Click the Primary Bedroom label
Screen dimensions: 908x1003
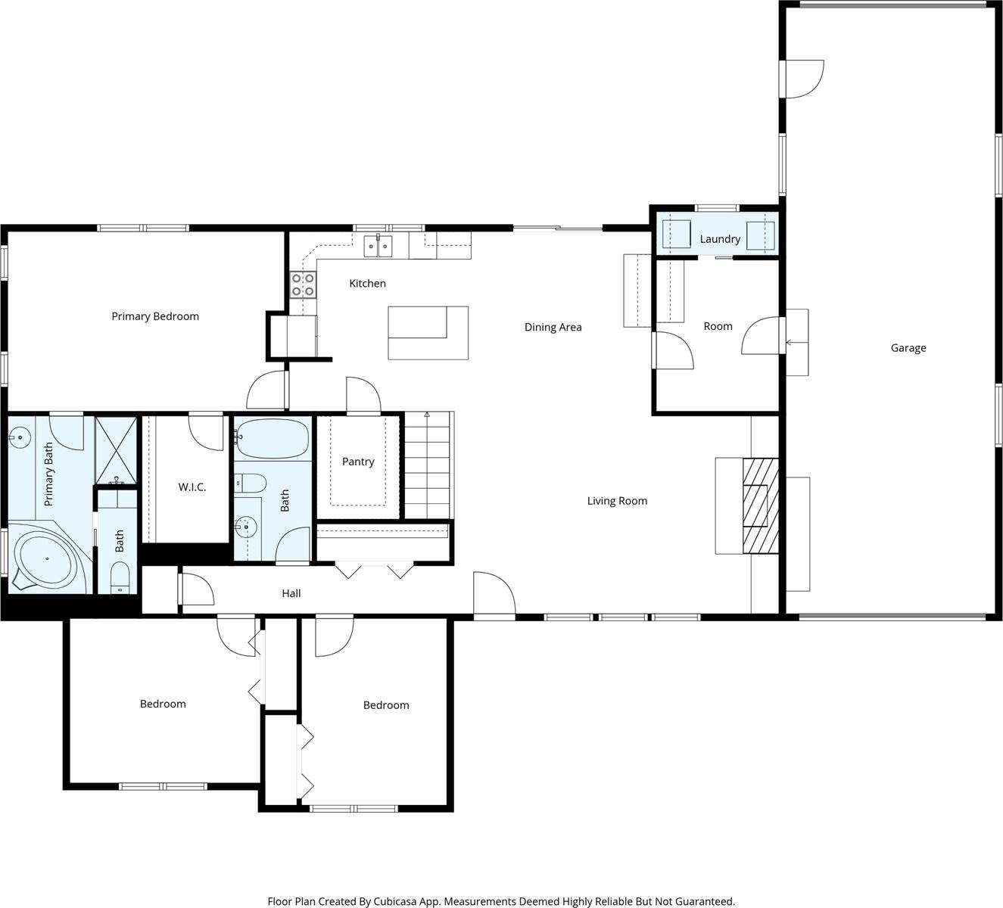click(x=155, y=316)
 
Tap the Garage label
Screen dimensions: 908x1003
click(x=908, y=348)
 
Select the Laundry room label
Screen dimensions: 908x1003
click(x=719, y=239)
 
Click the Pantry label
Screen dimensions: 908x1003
click(x=358, y=462)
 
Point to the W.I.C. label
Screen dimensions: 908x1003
click(x=192, y=487)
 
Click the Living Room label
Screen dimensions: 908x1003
click(x=617, y=501)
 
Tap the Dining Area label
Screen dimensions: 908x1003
click(x=553, y=328)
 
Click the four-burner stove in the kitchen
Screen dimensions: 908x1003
click(x=303, y=285)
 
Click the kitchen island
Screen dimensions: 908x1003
click(x=428, y=332)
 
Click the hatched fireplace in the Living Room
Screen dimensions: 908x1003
click(x=760, y=505)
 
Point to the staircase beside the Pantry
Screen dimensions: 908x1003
click(x=428, y=465)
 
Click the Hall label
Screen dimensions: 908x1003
click(x=291, y=594)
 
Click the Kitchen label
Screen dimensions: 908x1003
click(x=367, y=284)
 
